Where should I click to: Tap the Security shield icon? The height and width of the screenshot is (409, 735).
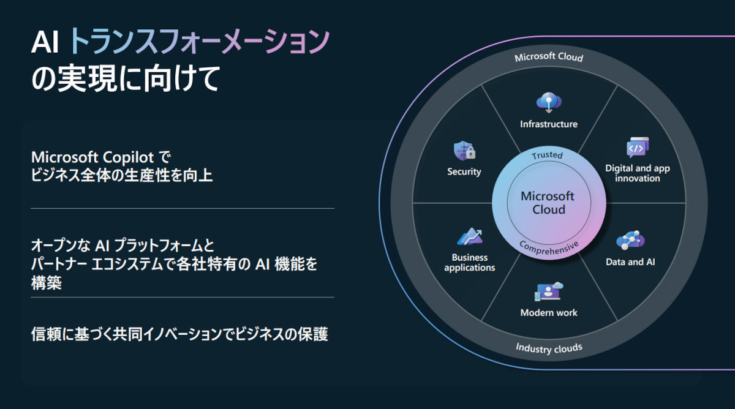point(464,151)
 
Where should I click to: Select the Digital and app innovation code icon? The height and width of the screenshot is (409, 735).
point(637,148)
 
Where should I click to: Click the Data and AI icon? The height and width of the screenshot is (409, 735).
point(631,241)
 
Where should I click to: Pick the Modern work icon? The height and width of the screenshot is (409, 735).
point(549,292)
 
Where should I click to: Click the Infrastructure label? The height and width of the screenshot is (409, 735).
point(549,124)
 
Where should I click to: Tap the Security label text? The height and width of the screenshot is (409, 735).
point(464,172)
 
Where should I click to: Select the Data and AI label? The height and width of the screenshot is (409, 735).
point(631,262)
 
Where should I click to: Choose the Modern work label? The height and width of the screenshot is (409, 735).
point(549,313)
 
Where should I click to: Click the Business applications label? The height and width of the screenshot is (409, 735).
point(470,263)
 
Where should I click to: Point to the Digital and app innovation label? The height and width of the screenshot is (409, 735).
point(638,173)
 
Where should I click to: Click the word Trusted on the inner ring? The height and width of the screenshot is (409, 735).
point(547,156)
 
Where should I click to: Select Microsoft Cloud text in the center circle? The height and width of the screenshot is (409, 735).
point(548,203)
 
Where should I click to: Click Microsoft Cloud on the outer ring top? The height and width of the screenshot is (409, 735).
point(549,58)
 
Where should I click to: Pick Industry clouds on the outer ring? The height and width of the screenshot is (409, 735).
point(549,348)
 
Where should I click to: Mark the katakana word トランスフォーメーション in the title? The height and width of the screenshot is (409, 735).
point(199,43)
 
